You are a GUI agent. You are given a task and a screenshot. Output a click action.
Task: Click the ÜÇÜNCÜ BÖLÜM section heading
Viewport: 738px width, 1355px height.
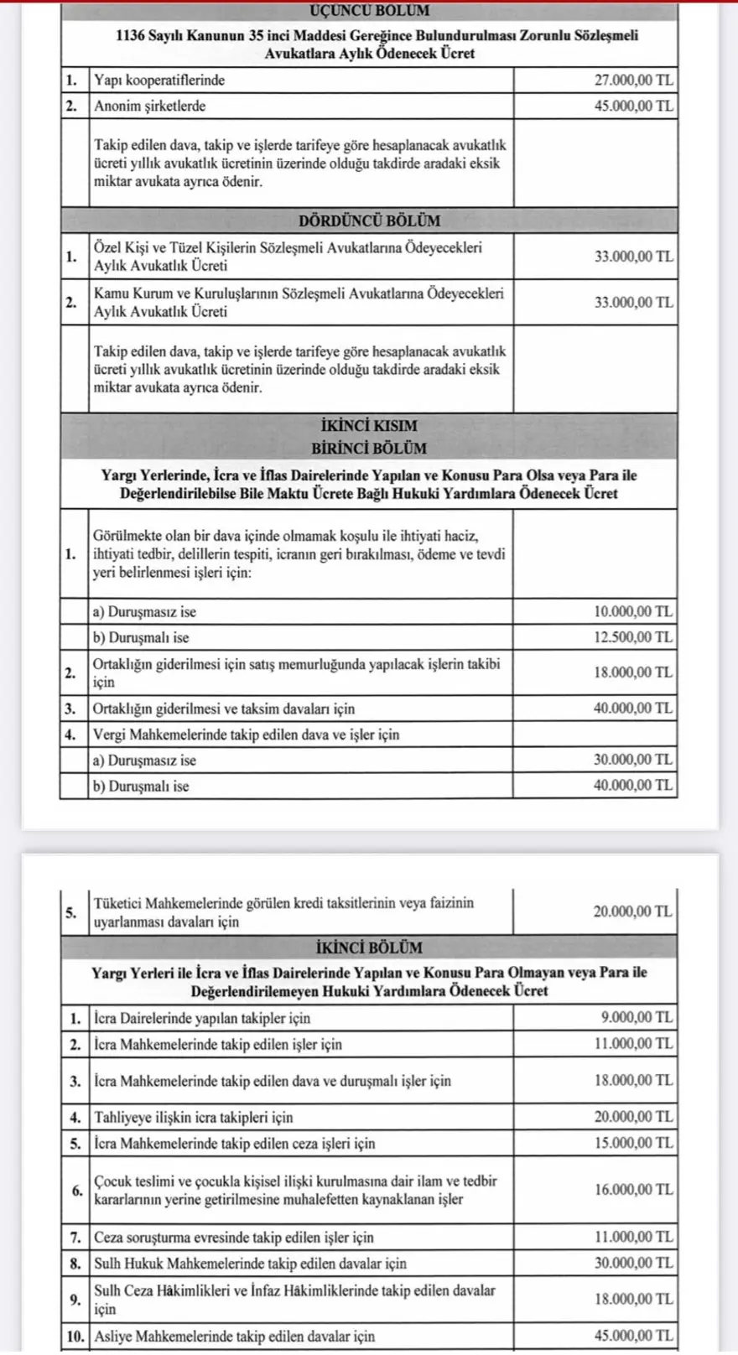pyautogui.click(x=369, y=11)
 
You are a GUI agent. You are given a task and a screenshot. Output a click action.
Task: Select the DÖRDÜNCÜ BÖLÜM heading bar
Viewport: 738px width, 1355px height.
pyautogui.click(x=369, y=221)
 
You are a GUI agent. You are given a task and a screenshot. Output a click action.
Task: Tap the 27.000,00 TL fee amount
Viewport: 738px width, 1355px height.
pyautogui.click(x=633, y=80)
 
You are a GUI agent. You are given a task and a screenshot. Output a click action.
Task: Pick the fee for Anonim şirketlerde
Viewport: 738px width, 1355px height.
pyautogui.click(x=633, y=106)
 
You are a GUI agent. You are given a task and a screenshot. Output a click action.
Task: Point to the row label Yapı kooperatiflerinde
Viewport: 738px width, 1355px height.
pyautogui.click(x=159, y=80)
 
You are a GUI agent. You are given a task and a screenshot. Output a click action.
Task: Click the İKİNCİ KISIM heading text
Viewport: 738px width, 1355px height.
pyautogui.click(x=369, y=425)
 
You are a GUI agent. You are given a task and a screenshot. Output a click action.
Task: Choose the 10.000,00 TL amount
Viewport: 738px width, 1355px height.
pyautogui.click(x=633, y=611)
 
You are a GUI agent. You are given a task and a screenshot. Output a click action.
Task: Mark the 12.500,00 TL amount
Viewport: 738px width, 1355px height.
pyautogui.click(x=633, y=637)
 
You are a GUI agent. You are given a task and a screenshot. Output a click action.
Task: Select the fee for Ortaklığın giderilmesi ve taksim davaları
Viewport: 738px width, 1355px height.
pyautogui.click(x=633, y=709)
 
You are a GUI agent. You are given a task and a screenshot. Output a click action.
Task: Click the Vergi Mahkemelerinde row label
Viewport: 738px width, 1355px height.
pyautogui.click(x=247, y=735)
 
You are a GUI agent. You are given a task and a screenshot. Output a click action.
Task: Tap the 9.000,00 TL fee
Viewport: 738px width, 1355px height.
pyautogui.click(x=637, y=1018)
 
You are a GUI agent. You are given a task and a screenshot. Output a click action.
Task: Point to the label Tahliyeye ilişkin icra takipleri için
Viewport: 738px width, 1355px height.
pyautogui.click(x=194, y=1117)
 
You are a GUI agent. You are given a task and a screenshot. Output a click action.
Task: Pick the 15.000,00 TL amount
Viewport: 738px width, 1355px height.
pyautogui.click(x=633, y=1143)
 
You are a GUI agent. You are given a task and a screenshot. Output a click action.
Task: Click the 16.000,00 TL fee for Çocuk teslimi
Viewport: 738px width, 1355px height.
pyautogui.click(x=633, y=1190)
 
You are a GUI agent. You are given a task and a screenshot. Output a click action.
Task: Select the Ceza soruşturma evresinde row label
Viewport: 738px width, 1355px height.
pyautogui.click(x=234, y=1237)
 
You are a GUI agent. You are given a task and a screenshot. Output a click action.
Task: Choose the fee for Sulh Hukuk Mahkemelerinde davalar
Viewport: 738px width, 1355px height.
pyautogui.click(x=633, y=1263)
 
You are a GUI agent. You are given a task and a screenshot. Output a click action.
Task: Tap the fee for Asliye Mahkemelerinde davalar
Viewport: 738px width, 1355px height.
pyautogui.click(x=633, y=1336)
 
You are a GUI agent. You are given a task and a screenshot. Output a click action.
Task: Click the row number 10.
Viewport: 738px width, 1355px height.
pyautogui.click(x=75, y=1336)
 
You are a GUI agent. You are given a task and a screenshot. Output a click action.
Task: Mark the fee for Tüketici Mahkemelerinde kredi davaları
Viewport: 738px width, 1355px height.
pyautogui.click(x=633, y=911)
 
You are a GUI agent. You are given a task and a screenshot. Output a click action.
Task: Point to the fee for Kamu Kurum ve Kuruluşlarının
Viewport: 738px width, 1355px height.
pyautogui.click(x=633, y=303)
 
